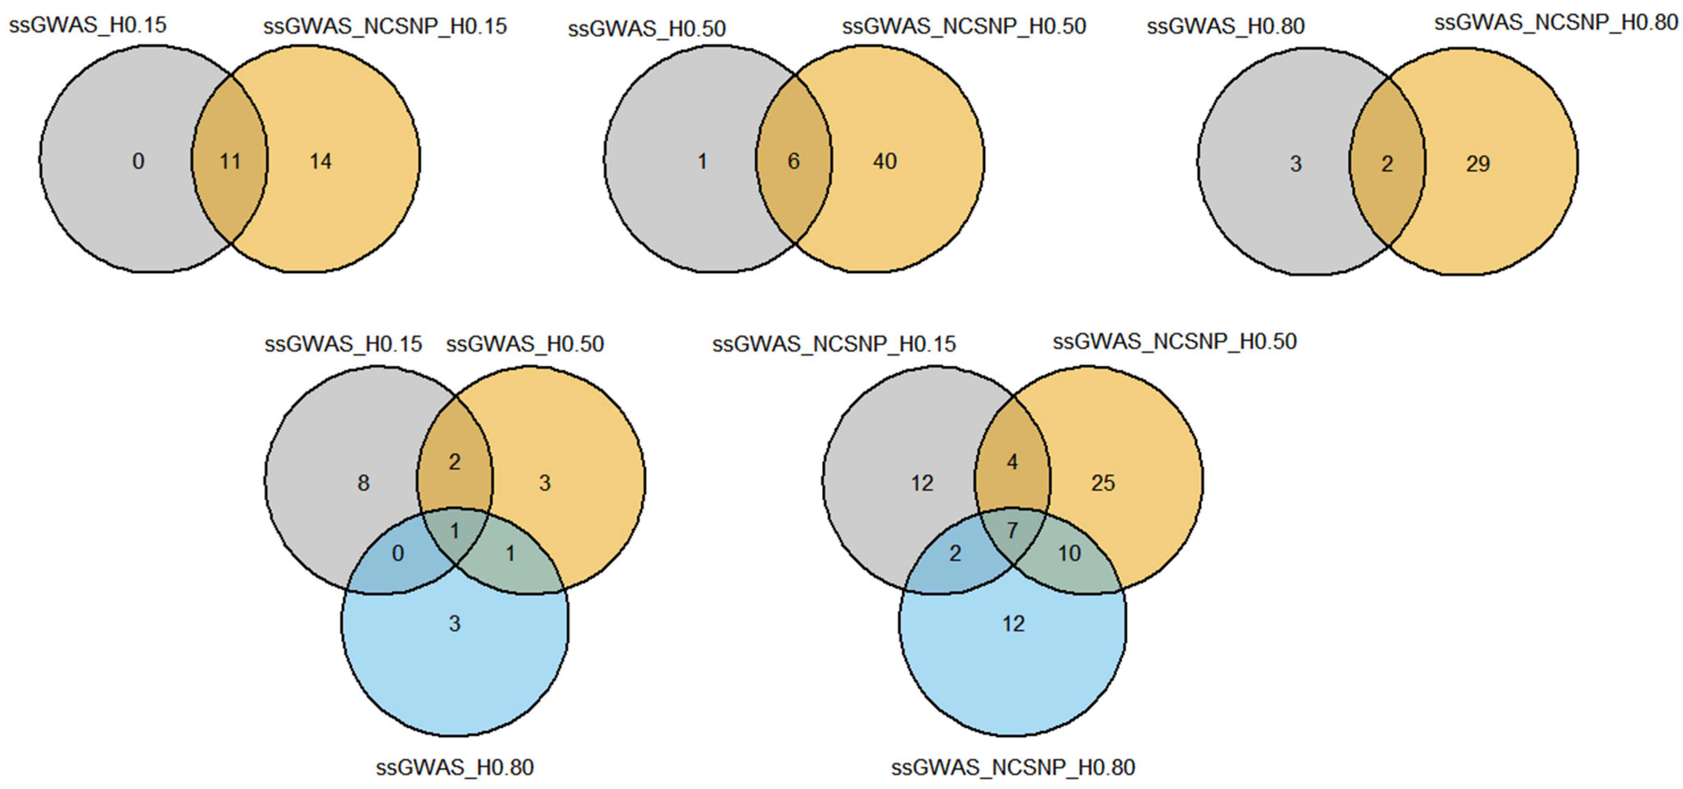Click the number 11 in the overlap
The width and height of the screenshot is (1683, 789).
(x=230, y=161)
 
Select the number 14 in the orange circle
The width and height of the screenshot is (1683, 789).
(x=320, y=161)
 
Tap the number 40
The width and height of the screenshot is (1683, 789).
(x=885, y=161)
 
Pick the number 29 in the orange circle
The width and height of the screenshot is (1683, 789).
(x=1478, y=163)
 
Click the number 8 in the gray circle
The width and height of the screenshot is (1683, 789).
(x=363, y=483)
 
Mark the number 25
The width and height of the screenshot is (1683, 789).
(x=1103, y=483)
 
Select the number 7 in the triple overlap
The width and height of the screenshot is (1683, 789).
(x=1012, y=530)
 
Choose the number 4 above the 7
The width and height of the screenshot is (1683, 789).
(x=1012, y=462)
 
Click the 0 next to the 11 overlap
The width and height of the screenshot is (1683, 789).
(x=138, y=161)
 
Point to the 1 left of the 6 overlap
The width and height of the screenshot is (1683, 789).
(x=702, y=161)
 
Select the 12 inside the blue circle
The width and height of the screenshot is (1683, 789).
(x=1013, y=624)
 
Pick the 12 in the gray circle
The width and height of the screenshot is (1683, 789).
(x=922, y=483)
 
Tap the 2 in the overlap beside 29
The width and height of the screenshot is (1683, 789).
(x=1387, y=163)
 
